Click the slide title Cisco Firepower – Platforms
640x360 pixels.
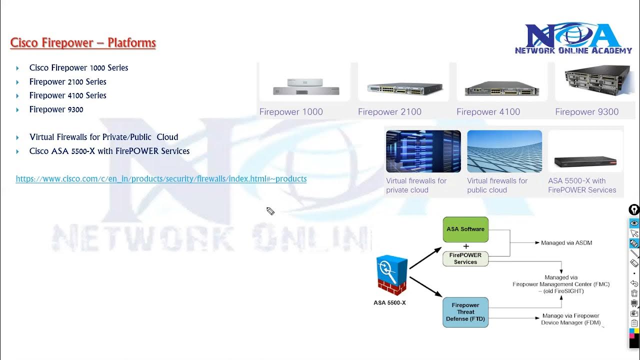tap(83, 43)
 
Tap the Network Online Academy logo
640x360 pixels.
tap(573, 38)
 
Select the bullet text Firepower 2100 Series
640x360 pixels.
tap(67, 81)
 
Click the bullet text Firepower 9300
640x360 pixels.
tap(56, 109)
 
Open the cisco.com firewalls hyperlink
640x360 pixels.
tap(161, 179)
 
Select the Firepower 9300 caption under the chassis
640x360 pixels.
tap(586, 112)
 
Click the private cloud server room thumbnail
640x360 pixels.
tap(423, 151)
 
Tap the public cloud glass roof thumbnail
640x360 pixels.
tap(504, 151)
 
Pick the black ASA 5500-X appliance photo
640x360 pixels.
tap(585, 161)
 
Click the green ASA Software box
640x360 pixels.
tap(465, 229)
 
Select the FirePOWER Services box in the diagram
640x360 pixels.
tap(465, 258)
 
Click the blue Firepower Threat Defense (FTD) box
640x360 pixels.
tap(465, 312)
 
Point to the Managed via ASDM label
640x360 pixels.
tap(566, 243)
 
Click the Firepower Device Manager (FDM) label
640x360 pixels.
tap(570, 319)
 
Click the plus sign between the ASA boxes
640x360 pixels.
tap(466, 246)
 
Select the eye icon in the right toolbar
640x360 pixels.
tap(634, 223)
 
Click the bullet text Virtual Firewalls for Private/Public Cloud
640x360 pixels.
tap(103, 137)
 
